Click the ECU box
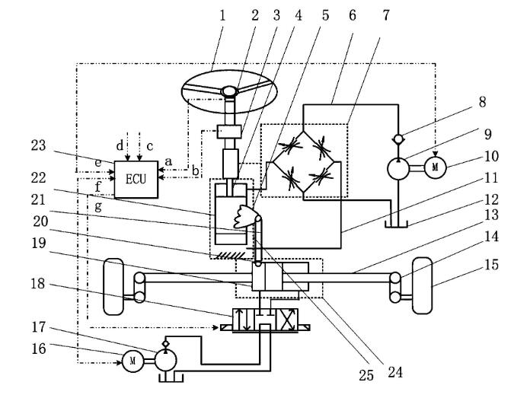136,180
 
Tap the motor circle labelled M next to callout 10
436,167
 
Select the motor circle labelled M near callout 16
132,361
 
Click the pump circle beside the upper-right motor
398,168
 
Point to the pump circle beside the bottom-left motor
165,360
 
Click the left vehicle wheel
113,287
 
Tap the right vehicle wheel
422,285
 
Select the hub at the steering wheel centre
229,91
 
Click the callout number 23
38,145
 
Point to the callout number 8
482,102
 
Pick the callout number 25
366,375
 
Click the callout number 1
222,15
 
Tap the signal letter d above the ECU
120,145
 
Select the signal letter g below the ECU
98,207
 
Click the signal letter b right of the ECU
196,170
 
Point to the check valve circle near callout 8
398,139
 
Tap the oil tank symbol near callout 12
396,224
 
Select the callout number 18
38,284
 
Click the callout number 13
491,215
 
